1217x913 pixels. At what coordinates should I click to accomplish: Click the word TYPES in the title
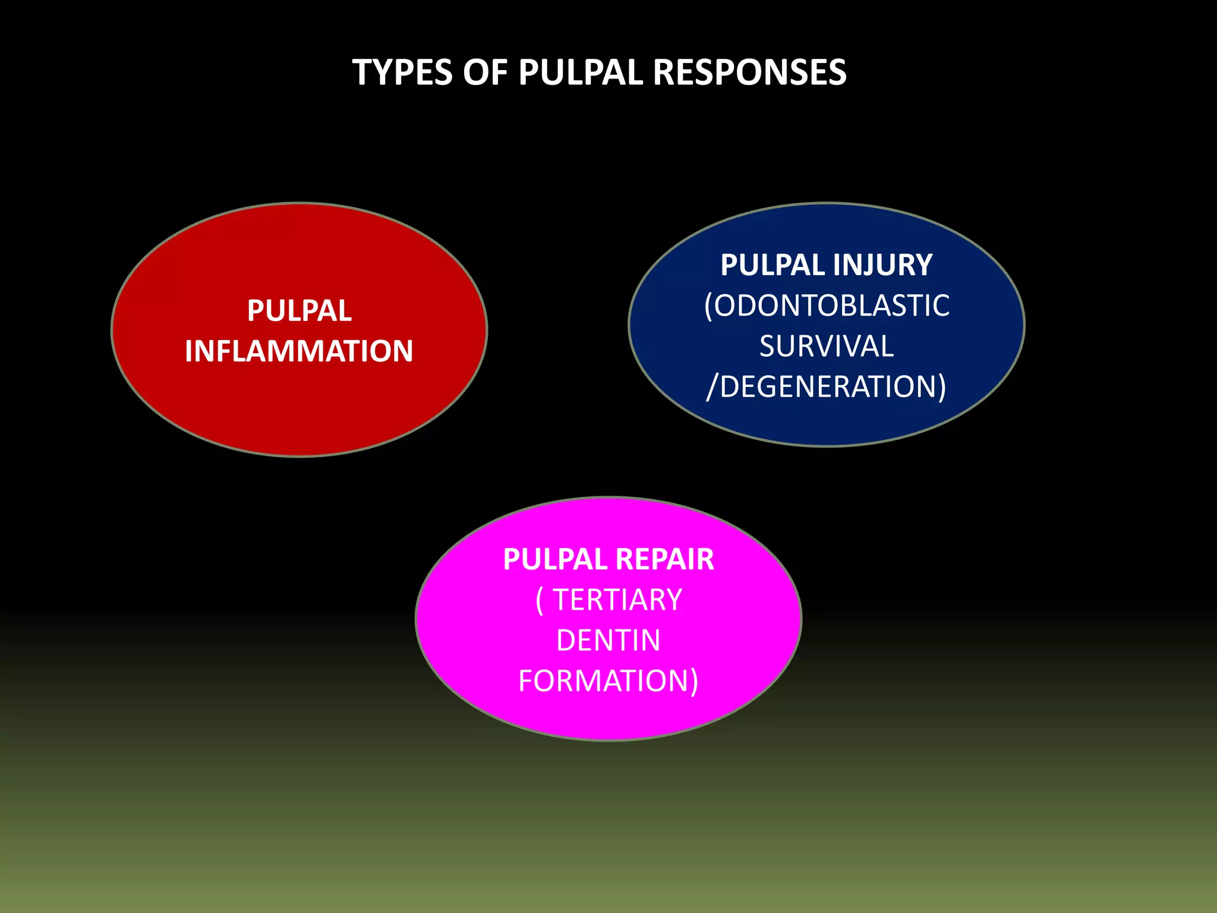point(402,73)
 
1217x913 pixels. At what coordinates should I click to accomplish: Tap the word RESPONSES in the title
point(749,73)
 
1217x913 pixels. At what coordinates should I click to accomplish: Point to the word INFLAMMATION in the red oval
point(299,351)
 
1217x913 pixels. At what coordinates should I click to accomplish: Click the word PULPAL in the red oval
point(299,310)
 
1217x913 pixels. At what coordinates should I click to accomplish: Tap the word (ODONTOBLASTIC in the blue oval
point(827,306)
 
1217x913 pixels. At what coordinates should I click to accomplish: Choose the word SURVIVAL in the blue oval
point(827,346)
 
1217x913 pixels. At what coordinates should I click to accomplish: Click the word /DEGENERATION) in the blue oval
point(827,386)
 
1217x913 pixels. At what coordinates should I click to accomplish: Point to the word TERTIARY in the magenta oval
point(617,600)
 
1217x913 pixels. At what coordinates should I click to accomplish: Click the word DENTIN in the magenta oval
point(608,640)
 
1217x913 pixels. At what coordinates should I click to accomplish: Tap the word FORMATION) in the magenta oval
point(608,681)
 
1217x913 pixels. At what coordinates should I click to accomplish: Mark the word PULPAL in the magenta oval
point(555,559)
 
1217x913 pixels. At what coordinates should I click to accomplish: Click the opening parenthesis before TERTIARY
point(540,600)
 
